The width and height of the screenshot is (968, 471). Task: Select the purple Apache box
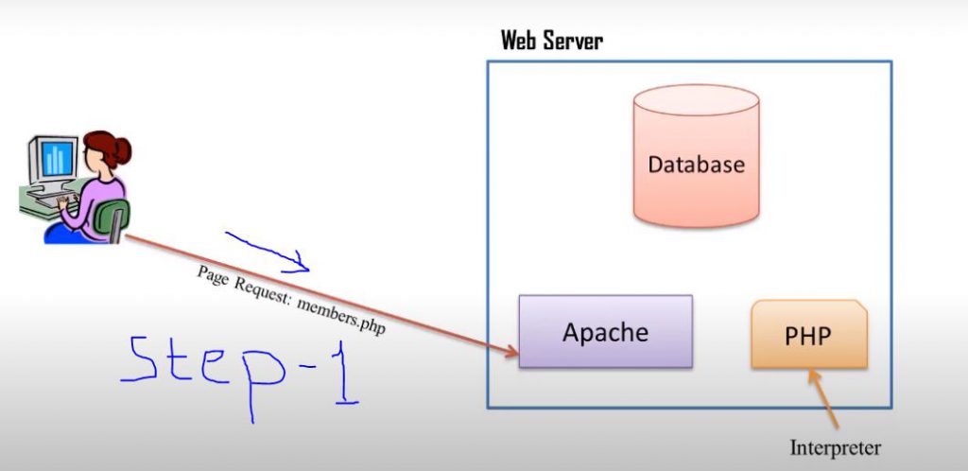(x=605, y=331)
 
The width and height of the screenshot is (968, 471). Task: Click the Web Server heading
(x=551, y=41)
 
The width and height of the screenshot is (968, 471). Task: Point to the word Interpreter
(x=835, y=447)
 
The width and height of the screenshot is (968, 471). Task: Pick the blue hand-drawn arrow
(x=269, y=250)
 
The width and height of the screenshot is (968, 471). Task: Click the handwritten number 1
(x=344, y=375)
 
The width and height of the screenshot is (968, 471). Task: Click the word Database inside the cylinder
(x=696, y=165)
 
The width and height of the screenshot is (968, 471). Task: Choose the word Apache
(x=605, y=333)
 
